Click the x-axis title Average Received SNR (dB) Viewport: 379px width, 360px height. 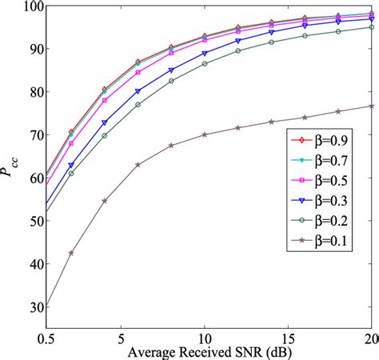[x=209, y=352]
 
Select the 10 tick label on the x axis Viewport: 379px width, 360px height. [x=205, y=339]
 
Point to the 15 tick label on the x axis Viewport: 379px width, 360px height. [x=289, y=339]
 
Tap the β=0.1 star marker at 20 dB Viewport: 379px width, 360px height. [x=373, y=106]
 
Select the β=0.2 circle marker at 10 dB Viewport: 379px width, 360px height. [x=205, y=63]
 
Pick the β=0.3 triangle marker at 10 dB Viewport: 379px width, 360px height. [x=205, y=53]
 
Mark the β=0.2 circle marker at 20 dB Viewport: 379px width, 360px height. [x=373, y=27]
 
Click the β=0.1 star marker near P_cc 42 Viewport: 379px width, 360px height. [x=71, y=253]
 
